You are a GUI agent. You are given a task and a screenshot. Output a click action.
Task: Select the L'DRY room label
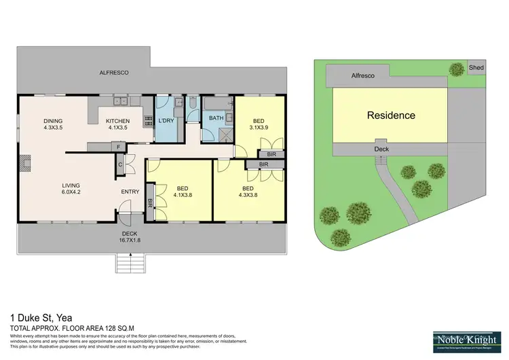(x=166, y=121)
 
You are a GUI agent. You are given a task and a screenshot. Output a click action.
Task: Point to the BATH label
(x=216, y=118)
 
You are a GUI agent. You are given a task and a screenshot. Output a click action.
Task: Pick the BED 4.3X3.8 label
(x=248, y=192)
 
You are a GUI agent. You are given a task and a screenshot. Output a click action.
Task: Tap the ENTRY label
(x=130, y=192)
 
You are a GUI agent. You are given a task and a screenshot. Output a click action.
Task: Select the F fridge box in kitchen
(x=118, y=146)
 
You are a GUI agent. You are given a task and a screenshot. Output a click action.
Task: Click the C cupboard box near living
(x=120, y=164)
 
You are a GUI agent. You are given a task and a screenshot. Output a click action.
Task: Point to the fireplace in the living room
(x=25, y=162)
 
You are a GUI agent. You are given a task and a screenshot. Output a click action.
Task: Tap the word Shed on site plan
(x=477, y=67)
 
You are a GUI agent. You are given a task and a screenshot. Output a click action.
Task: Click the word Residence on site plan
(x=391, y=115)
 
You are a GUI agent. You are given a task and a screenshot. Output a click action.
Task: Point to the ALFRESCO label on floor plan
(x=114, y=72)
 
